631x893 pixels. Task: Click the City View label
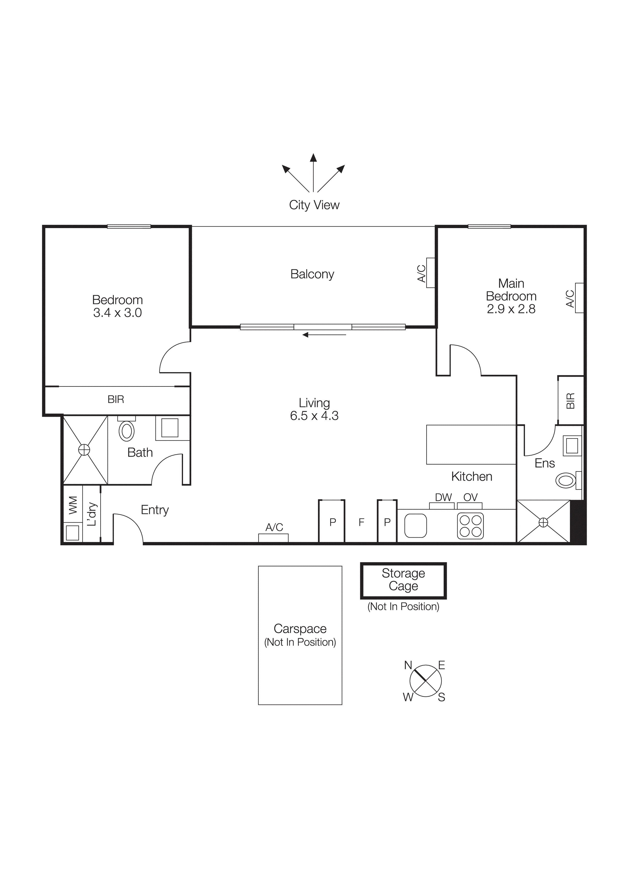click(314, 205)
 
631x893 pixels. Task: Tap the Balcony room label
click(312, 274)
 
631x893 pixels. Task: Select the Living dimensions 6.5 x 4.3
click(314, 416)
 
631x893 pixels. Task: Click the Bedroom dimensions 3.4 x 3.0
click(117, 313)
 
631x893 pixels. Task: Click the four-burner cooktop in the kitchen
click(470, 526)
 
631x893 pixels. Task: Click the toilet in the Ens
click(566, 481)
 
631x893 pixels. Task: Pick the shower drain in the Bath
click(84, 450)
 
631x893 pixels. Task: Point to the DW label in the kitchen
click(443, 497)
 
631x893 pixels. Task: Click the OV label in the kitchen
click(470, 497)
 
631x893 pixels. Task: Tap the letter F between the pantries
click(361, 522)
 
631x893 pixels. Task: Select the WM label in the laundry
click(73, 505)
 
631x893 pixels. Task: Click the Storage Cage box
click(403, 580)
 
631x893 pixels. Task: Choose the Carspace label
click(300, 629)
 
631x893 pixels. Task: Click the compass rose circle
click(425, 681)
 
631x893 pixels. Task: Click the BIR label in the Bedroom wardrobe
click(116, 399)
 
